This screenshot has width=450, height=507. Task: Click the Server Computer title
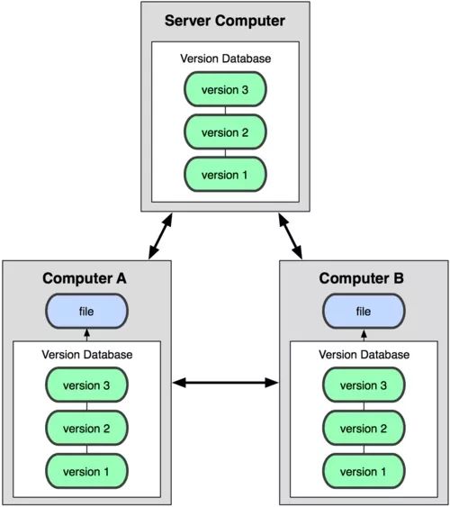click(x=225, y=21)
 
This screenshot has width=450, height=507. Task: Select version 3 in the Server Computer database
click(x=225, y=89)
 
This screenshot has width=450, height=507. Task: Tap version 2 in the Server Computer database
click(x=225, y=131)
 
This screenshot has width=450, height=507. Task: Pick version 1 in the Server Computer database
click(x=225, y=175)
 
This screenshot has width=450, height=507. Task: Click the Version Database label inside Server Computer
click(x=226, y=59)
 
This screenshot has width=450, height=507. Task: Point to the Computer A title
click(x=85, y=278)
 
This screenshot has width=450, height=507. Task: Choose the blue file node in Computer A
click(x=86, y=311)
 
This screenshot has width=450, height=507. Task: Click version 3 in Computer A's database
click(x=86, y=385)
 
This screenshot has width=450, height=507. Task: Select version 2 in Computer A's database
click(x=86, y=428)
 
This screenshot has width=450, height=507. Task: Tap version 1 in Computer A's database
click(x=86, y=471)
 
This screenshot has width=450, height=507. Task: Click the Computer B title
click(x=362, y=278)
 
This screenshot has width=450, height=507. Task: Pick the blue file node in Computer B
click(x=364, y=311)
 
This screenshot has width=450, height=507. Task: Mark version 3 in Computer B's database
click(x=364, y=385)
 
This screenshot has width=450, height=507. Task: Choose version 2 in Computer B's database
click(x=364, y=428)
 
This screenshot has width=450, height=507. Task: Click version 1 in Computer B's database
click(x=364, y=471)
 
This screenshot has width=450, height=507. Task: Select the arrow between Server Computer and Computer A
click(x=160, y=236)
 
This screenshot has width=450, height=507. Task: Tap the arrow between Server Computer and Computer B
click(x=291, y=236)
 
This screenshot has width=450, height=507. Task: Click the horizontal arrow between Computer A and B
click(x=225, y=383)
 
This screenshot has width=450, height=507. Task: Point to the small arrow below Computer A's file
click(x=86, y=335)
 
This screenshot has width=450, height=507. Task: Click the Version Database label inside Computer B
click(x=364, y=355)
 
